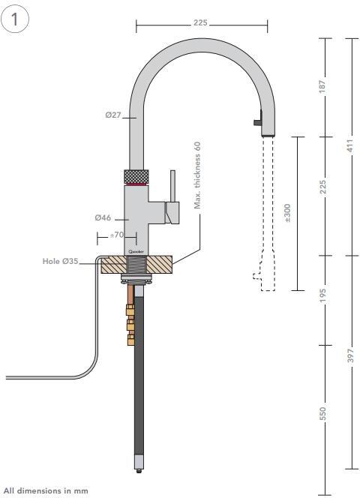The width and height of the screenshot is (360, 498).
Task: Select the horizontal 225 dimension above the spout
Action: [x=200, y=23]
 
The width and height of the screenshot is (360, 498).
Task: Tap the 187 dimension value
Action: [x=323, y=87]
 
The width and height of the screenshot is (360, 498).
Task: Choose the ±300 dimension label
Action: [x=289, y=213]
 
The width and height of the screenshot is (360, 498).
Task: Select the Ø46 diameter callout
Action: [x=103, y=217]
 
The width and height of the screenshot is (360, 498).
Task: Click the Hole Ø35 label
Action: [x=61, y=262]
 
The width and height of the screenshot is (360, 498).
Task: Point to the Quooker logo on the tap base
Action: [x=136, y=251]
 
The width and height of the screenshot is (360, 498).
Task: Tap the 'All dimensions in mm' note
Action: [x=46, y=490]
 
